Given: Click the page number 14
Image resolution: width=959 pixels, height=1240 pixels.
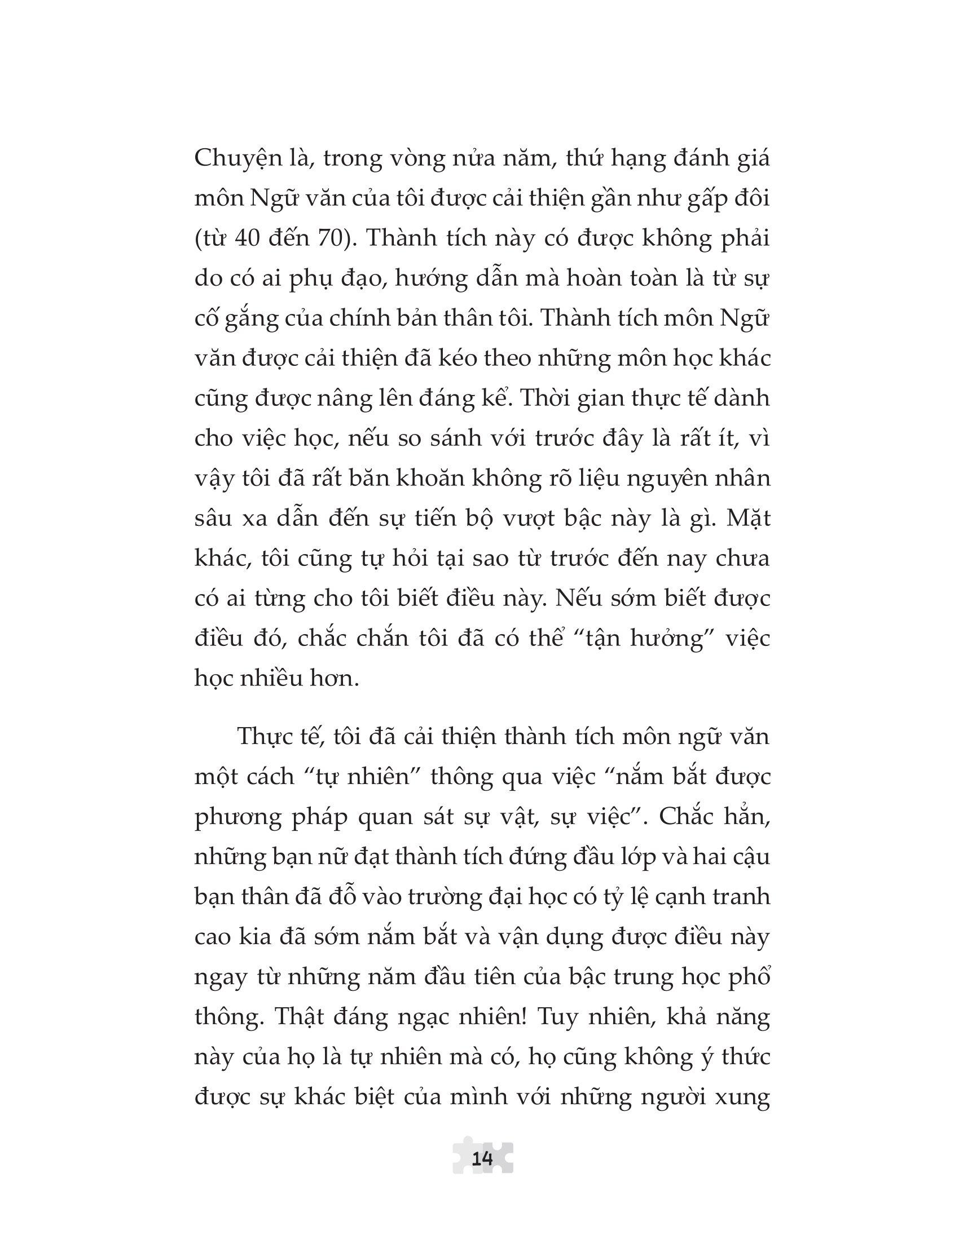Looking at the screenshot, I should [x=482, y=1158].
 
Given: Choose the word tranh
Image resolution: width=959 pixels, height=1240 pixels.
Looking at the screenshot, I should [x=738, y=896].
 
